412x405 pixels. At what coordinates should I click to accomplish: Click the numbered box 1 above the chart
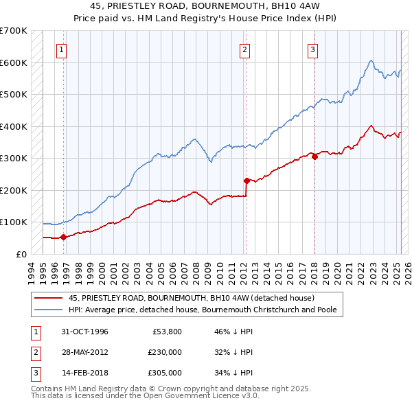click(62, 49)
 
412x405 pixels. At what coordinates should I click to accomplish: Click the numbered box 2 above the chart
click(245, 49)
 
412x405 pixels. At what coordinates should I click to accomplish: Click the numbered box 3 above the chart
click(312, 49)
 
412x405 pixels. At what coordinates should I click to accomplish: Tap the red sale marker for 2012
click(247, 181)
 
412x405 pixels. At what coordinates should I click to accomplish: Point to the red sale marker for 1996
click(63, 238)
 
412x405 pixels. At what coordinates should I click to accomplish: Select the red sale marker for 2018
click(314, 157)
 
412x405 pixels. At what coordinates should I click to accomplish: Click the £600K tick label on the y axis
click(14, 62)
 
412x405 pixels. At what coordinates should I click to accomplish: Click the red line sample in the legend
click(49, 298)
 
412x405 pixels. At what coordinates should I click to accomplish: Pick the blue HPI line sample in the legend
click(49, 310)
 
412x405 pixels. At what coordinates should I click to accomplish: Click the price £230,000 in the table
click(164, 351)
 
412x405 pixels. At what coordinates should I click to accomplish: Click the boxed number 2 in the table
click(34, 352)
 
